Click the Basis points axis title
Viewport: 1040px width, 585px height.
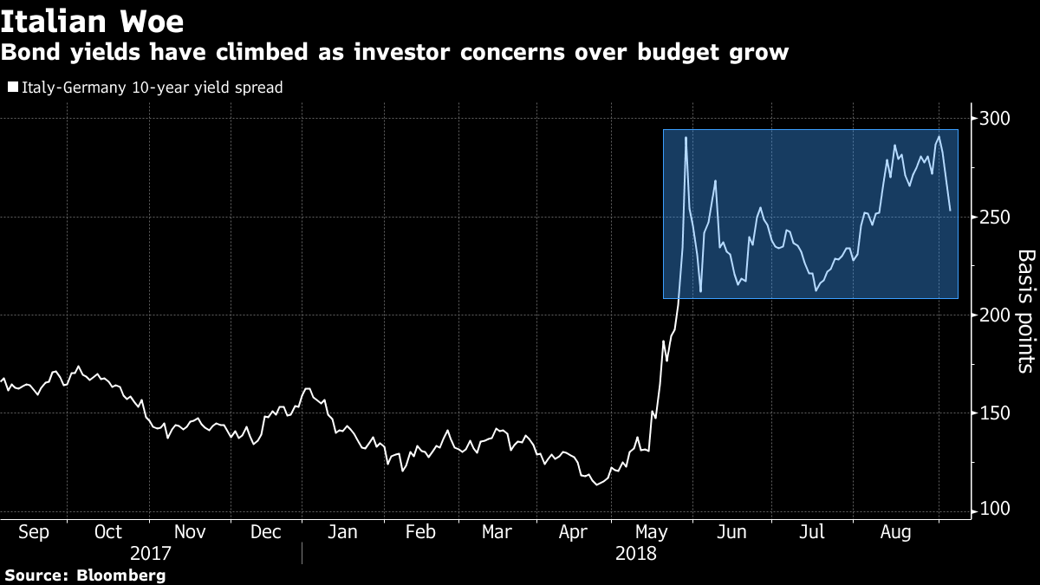(x=1025, y=311)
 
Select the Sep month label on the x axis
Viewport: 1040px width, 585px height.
(x=33, y=531)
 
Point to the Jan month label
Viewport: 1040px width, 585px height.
(x=342, y=531)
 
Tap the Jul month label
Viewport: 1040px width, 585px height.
(x=811, y=531)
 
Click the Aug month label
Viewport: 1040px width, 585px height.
(x=894, y=531)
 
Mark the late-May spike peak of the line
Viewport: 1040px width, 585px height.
(x=686, y=138)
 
